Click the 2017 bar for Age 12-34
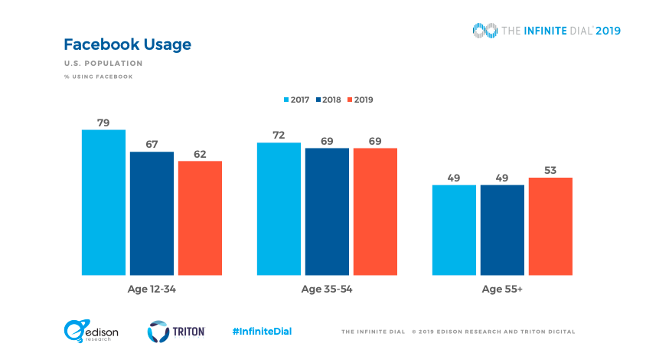[x=103, y=202]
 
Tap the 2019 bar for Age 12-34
[x=200, y=217]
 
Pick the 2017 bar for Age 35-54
[x=279, y=208]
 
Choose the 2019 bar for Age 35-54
[x=375, y=211]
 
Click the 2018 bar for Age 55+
[x=502, y=230]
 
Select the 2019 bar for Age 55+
[x=550, y=226]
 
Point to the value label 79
[x=103, y=121]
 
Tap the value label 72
[x=279, y=135]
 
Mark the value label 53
[x=550, y=169]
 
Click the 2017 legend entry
[x=296, y=100]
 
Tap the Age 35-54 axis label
[x=327, y=289]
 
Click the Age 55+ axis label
[x=502, y=289]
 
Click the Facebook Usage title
[x=127, y=44]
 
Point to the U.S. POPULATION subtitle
[x=103, y=64]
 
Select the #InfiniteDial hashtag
[x=262, y=332]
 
